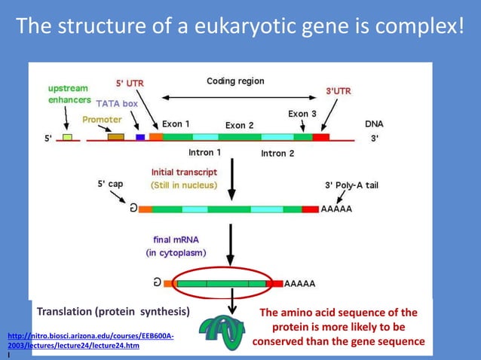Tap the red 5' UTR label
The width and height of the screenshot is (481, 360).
[130, 83]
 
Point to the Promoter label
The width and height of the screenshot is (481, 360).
[102, 119]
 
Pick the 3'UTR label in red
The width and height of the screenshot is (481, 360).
[338, 91]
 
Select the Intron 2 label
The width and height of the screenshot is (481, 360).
[277, 153]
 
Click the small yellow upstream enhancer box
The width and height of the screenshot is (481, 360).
[67, 137]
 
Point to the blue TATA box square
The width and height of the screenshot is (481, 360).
[140, 137]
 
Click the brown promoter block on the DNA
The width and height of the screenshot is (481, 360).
[115, 137]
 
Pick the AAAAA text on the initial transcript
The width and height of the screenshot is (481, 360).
[337, 209]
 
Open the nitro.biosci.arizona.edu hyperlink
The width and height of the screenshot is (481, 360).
[90, 340]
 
